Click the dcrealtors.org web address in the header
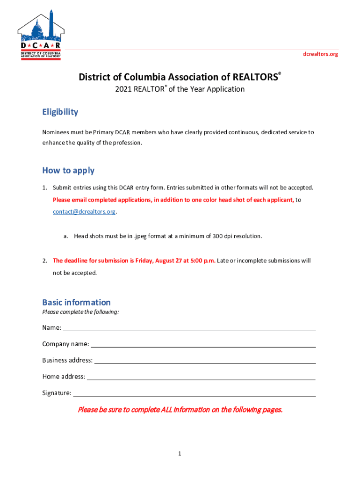pyautogui.click(x=320, y=54)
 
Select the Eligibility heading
pyautogui.click(x=60, y=112)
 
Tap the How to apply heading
pyautogui.click(x=68, y=170)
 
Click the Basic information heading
pyautogui.click(x=77, y=302)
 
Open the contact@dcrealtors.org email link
pyautogui.click(x=84, y=212)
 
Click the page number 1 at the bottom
pyautogui.click(x=180, y=454)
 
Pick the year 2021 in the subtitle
pyautogui.click(x=124, y=89)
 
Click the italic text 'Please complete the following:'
pyautogui.click(x=80, y=312)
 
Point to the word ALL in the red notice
pyautogui.click(x=167, y=410)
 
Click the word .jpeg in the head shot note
pyautogui.click(x=143, y=236)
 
